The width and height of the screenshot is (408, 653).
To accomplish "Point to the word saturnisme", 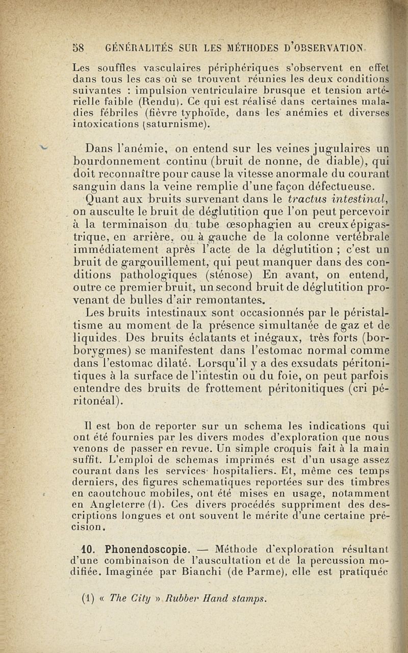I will point(161,124).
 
